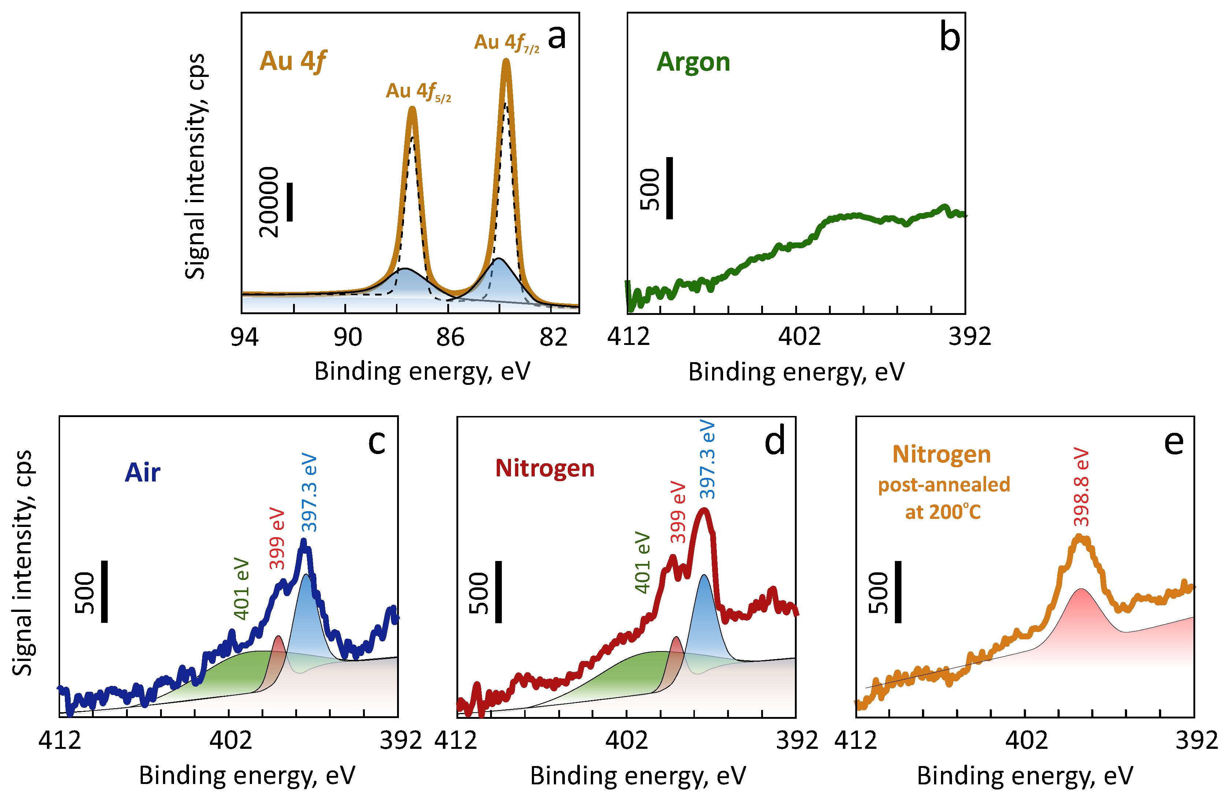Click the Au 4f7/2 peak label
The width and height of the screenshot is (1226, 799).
(506, 43)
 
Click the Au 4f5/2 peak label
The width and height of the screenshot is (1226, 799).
(418, 92)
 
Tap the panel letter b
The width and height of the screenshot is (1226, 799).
(949, 38)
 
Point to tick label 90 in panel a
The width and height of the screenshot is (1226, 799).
(348, 338)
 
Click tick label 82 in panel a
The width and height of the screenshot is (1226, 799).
(553, 338)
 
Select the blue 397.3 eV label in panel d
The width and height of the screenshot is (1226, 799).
(708, 460)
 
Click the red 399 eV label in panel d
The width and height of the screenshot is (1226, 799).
(678, 512)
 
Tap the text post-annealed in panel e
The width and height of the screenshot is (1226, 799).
(944, 484)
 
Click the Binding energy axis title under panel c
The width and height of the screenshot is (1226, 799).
(247, 775)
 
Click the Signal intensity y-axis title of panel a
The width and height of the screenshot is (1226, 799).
(195, 166)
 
